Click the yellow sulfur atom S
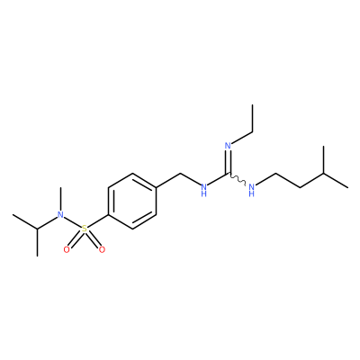tap(85, 229)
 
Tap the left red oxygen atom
tap(67, 249)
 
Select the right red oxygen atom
tap(102, 249)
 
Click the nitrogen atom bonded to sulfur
tap(60, 214)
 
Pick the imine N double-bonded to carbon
tap(228, 146)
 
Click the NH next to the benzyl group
tap(204, 190)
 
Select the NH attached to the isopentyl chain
tap(252, 190)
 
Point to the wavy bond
tap(238, 178)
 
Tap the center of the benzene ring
tap(132, 201)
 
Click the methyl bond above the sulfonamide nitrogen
tap(60, 199)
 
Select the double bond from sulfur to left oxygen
tap(75, 240)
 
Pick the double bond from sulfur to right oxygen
tap(94, 240)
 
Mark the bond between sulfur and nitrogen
tap(72, 222)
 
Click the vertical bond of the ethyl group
tap(253, 118)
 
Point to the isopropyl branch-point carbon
tap(37, 229)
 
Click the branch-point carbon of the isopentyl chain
tap(324, 174)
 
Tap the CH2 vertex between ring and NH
tap(180, 174)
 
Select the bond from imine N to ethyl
tap(242, 138)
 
